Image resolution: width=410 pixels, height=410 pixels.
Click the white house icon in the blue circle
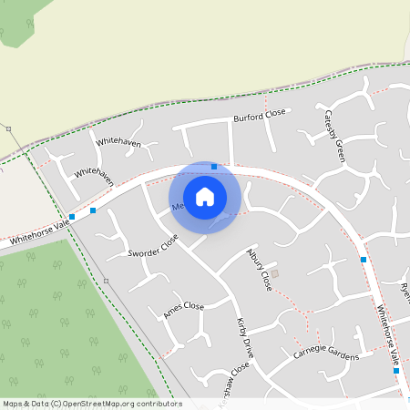205,197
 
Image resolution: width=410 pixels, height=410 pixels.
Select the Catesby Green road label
334,135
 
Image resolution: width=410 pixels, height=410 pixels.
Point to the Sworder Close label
153,246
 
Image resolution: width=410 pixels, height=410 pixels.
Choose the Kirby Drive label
243,337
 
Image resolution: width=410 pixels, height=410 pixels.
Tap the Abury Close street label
260,269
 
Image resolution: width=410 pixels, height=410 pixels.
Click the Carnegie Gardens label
326,354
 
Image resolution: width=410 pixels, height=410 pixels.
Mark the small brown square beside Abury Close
275,273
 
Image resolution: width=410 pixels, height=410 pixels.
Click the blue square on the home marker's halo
214,167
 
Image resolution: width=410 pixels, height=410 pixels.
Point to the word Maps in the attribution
13,404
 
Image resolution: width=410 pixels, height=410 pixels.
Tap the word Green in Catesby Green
340,149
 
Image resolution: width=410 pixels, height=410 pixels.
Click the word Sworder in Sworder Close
144,251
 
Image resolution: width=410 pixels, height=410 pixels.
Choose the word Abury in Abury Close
254,260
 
